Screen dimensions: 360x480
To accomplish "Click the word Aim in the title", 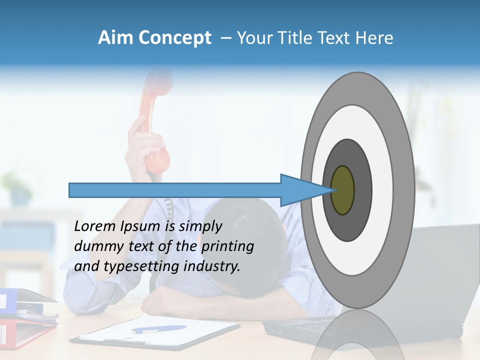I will [115, 38].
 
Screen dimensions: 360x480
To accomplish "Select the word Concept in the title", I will [174, 38].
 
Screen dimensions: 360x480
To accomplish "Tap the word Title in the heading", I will [295, 38].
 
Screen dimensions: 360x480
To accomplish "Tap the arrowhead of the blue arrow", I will [300, 190].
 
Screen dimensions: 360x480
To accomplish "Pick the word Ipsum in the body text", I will [141, 226].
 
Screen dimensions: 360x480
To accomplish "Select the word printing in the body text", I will [227, 246].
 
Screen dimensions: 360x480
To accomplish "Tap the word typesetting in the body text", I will [141, 266].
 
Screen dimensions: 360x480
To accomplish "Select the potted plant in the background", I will [17, 187].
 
